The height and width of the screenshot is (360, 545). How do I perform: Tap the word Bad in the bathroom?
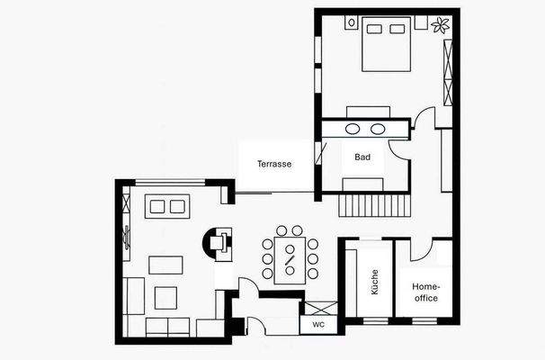coord(362,157)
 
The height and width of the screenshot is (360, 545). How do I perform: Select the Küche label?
coord(374,283)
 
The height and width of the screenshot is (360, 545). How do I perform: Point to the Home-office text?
coord(425,292)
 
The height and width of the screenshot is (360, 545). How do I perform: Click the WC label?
coord(318,324)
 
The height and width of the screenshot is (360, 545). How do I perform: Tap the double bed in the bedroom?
coord(386,45)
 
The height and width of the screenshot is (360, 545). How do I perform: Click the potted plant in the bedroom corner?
coord(441,24)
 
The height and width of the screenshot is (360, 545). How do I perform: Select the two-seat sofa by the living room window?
coord(168,207)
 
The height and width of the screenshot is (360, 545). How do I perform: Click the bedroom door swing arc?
coord(425,119)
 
